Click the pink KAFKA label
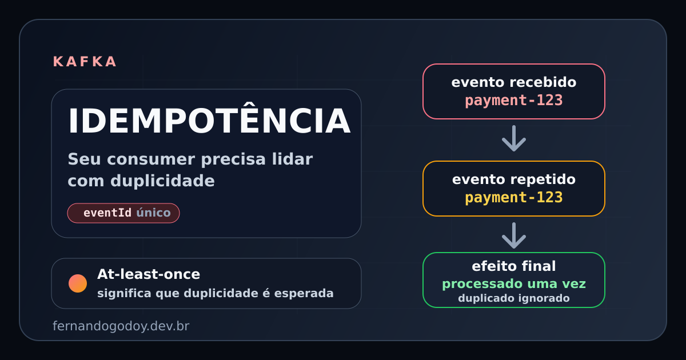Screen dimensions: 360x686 click(85, 62)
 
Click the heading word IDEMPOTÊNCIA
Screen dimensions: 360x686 click(209, 121)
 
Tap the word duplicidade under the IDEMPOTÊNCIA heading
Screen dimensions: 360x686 click(162, 181)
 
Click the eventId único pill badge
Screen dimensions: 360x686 click(123, 213)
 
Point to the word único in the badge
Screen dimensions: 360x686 click(153, 213)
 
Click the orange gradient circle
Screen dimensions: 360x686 click(78, 283)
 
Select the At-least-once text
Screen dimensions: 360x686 click(149, 274)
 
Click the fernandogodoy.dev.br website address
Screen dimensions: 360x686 click(121, 326)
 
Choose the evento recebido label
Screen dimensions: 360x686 click(513, 82)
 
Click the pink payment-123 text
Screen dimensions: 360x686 click(513, 101)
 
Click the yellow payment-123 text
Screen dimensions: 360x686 click(513, 198)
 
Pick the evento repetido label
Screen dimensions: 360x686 click(513, 179)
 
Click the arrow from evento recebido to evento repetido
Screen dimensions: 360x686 click(513, 139)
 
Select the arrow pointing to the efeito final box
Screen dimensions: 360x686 click(513, 235)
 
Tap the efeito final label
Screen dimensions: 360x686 click(513, 266)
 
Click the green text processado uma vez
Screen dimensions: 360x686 click(513, 284)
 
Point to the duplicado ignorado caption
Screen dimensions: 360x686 click(513, 298)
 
